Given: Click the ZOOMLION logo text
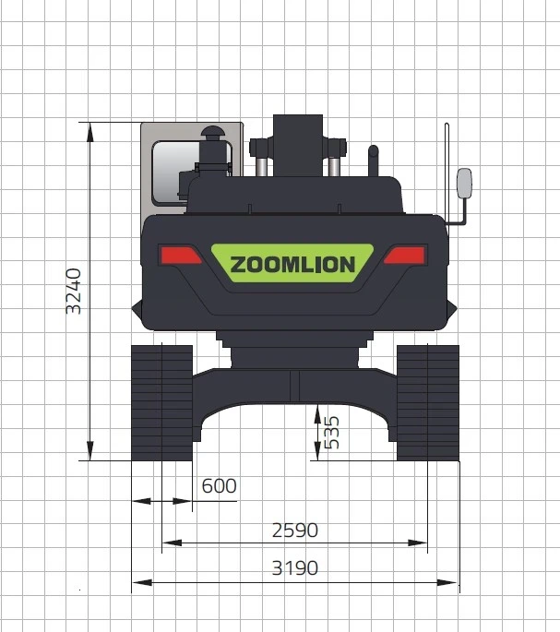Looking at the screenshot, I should pos(292,265).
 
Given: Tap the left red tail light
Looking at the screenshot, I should pos(180,255).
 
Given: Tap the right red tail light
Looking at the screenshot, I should pos(405,255).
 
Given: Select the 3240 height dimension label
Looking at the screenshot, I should pos(74,291).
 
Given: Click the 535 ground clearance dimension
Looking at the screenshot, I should pos(333,432).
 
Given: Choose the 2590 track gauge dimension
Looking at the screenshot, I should pos(295,531).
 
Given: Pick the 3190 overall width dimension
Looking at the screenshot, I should pos(295,568).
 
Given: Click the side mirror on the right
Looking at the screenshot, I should pos(464,183).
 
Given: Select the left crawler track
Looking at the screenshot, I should pos(161,402).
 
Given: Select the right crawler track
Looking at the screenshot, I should pos(427,402).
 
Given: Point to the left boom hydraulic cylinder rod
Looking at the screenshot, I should pos(262,166).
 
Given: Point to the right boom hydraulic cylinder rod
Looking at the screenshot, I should pos(332,166).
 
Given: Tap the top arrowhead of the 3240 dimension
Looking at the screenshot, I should pos(89,129).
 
